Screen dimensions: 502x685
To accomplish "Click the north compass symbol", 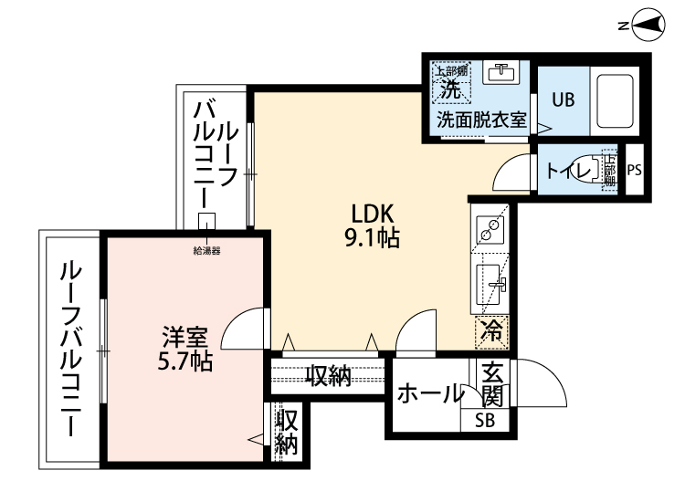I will coord(648,26).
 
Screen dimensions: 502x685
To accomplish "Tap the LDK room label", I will coord(374,214).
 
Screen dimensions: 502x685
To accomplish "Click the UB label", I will coord(562,100).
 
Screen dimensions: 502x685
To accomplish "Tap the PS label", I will coord(636,170).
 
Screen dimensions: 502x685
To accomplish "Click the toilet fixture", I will coord(598,170).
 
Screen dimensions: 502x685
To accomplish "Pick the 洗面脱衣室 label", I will coord(480,120).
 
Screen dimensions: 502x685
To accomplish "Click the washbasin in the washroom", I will coord(500,72).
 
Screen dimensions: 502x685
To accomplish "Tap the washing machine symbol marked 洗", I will coord(451,84).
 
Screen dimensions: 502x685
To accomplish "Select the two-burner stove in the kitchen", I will coord(491,229).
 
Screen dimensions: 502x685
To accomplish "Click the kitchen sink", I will coord(491,286).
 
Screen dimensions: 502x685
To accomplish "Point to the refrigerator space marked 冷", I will coord(491,331).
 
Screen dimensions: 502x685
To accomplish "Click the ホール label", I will coord(430,394).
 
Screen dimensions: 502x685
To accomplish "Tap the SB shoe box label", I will coord(491,421).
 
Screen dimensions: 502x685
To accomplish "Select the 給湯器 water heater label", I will coord(206,250).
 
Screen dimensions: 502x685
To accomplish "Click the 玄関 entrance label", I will coord(492,385).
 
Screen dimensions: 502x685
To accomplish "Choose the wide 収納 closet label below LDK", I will coord(328,375).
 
